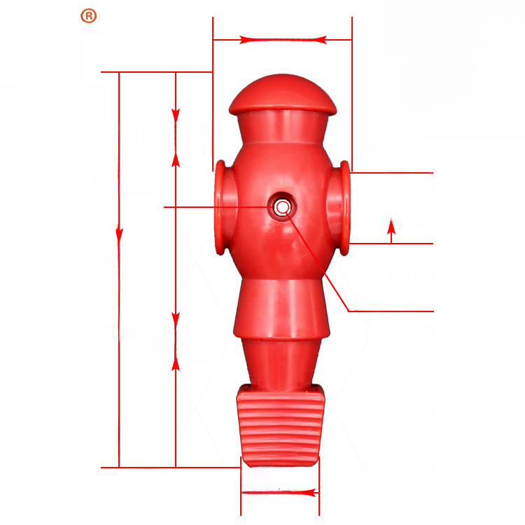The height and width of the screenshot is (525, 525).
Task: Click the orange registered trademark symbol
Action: click(x=89, y=15)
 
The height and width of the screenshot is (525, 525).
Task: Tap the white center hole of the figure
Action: click(x=282, y=207)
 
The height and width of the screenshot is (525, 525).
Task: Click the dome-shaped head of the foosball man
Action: click(x=283, y=94)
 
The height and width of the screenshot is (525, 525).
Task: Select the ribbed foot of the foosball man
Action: click(x=281, y=426)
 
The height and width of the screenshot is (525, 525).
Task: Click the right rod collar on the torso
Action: click(x=339, y=209)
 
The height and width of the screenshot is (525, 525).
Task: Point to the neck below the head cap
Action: click(x=283, y=128)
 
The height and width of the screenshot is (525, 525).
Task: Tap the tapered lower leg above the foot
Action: click(x=281, y=365)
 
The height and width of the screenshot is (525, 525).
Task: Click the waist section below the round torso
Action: click(x=281, y=308)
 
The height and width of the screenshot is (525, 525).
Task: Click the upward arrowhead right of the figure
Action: click(x=391, y=226)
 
